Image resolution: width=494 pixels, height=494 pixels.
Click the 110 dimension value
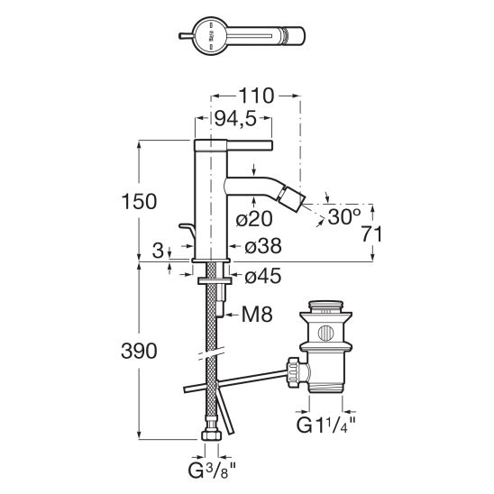256,96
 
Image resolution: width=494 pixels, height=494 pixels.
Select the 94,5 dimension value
235,118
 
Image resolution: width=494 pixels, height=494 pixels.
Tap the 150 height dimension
139,202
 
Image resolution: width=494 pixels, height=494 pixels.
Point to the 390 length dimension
139,351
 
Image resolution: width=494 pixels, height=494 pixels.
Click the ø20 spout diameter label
254,219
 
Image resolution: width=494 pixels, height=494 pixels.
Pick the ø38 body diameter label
263,246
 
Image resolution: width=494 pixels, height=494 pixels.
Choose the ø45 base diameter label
263,277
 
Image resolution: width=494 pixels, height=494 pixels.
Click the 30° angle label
344,216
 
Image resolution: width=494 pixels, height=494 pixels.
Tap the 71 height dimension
371,234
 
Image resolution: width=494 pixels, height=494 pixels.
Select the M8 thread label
257,314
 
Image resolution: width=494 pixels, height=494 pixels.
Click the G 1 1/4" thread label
325,425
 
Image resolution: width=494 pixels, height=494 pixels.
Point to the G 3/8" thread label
212,471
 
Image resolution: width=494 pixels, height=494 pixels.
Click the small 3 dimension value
158,251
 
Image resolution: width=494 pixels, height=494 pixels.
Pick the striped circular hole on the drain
325,334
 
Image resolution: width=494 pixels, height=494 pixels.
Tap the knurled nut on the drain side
294,372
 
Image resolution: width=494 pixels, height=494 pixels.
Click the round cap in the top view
210,36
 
